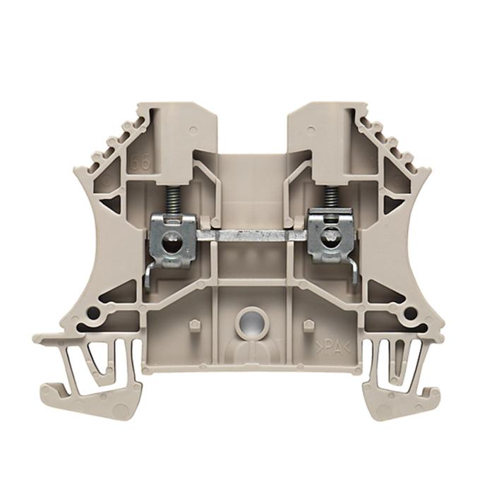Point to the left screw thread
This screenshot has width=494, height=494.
(171, 200)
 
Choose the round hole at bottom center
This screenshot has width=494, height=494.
(248, 324)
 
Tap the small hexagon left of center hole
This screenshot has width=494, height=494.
(193, 325)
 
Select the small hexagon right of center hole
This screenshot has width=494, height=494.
(307, 325)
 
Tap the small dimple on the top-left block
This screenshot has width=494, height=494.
(191, 130)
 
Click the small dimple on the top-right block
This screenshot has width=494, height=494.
(311, 130)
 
